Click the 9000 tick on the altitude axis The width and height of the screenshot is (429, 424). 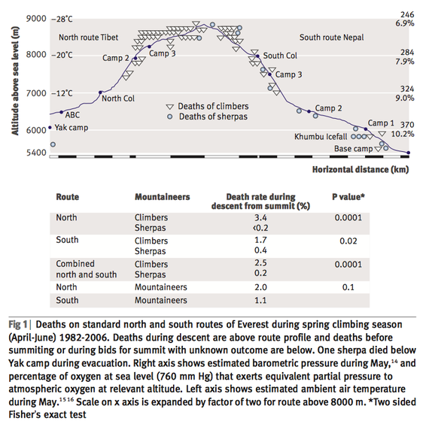pos(36,19)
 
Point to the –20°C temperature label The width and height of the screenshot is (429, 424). pos(62,55)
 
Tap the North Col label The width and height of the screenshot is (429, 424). pos(118,98)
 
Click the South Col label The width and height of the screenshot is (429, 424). pos(280,56)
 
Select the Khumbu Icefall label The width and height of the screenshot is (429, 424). pos(321,136)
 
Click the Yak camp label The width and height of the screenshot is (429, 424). pos(71,128)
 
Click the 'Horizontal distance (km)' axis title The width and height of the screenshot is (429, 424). pos(361,169)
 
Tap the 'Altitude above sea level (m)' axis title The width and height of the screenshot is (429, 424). pos(15,81)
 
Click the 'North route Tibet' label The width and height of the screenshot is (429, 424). pos(88,37)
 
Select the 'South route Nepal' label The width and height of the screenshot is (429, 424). pos(331,37)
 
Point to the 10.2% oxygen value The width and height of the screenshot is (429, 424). pos(403,134)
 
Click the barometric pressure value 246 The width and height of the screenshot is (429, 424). pos(407,14)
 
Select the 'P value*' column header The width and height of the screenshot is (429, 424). pos(348,197)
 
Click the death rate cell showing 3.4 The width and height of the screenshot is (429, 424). pos(260,217)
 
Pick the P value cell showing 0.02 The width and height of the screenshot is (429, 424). pos(348,241)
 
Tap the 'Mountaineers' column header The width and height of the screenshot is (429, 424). pos(163,197)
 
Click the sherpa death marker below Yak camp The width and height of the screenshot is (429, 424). pos(53,144)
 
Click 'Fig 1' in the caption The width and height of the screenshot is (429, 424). pos(18,325)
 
